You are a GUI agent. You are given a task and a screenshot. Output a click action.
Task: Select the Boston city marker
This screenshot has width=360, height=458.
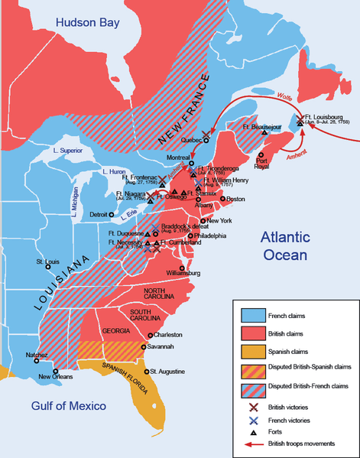[x=222, y=199]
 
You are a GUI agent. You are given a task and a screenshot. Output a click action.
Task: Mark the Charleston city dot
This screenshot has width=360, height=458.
[x=150, y=335]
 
